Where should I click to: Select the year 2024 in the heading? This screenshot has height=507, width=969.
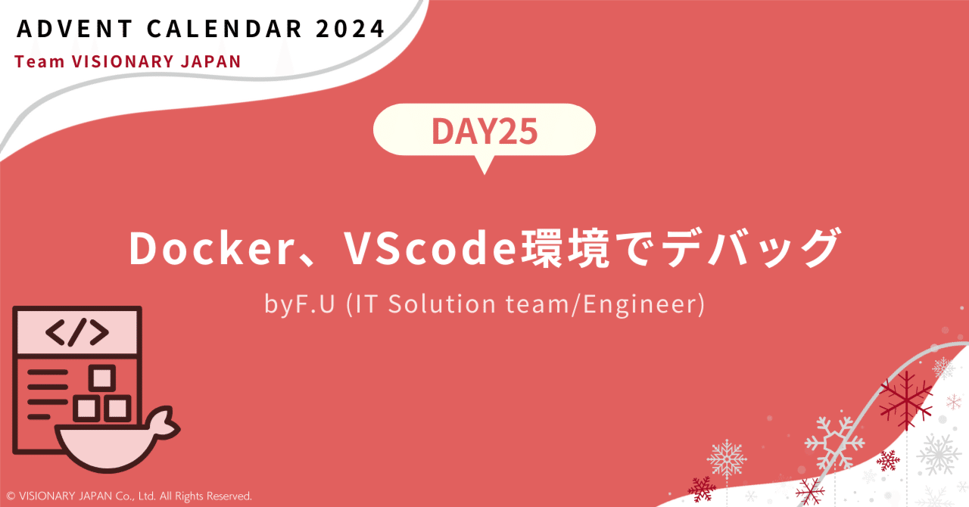[351, 30]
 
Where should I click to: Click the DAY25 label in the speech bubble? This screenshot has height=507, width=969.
[484, 132]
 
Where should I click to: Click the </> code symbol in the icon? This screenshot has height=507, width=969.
[76, 332]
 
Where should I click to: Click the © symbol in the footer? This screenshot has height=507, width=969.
[10, 496]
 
